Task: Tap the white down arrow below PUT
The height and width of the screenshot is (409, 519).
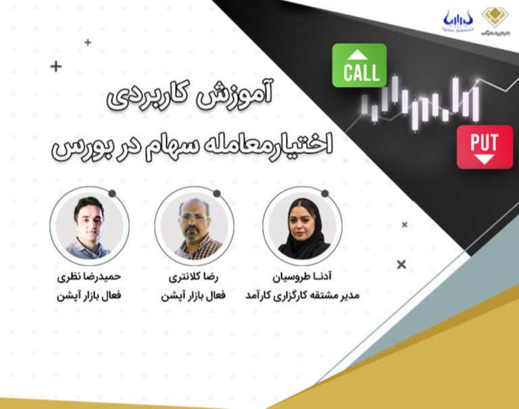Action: [x=484, y=159]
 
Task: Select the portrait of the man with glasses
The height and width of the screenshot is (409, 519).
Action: [x=195, y=225]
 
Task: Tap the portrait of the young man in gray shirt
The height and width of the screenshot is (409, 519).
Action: [x=89, y=225]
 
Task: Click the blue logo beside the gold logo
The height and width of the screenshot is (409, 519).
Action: [x=458, y=19]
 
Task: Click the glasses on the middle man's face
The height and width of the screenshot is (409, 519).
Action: [x=194, y=217]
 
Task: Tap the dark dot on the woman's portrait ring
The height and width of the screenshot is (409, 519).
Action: [x=324, y=194]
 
